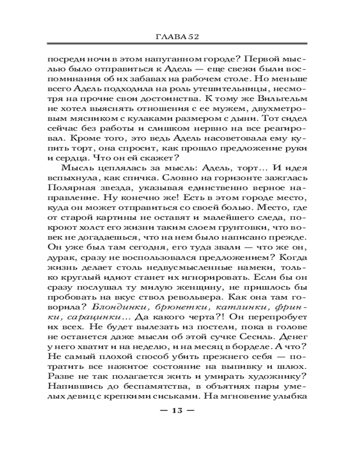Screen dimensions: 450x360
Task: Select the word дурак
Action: [61, 260]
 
